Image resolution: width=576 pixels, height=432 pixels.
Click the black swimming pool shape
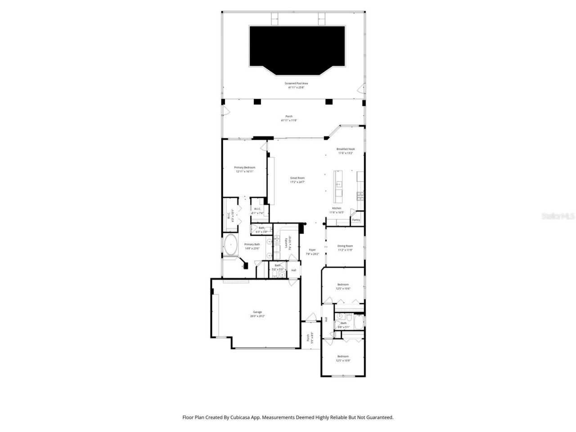(297, 47)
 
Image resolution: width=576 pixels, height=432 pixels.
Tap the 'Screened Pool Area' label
(296, 83)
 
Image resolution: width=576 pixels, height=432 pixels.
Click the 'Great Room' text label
(297, 178)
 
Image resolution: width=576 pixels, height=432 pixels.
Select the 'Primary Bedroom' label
(244, 167)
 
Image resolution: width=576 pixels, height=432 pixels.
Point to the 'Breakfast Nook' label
(346, 149)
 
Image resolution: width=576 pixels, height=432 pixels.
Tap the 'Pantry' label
(356, 220)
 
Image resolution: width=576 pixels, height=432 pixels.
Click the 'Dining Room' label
(345, 246)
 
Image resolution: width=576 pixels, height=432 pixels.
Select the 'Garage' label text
(257, 312)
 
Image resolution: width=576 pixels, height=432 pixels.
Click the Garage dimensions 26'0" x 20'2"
(257, 316)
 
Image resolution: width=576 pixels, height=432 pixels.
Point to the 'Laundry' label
(286, 243)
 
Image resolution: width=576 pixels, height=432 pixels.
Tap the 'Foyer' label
(312, 250)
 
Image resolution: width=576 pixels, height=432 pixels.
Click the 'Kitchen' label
(337, 208)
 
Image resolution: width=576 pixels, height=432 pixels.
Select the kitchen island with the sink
(338, 187)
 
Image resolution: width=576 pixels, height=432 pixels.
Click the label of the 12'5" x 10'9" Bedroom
(343, 356)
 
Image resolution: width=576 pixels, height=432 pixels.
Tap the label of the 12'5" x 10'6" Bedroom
(343, 284)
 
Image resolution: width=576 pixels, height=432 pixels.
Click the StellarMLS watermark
(558, 216)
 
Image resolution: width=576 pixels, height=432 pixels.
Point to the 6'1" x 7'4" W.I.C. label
(258, 209)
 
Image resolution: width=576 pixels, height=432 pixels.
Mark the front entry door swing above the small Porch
(309, 318)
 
